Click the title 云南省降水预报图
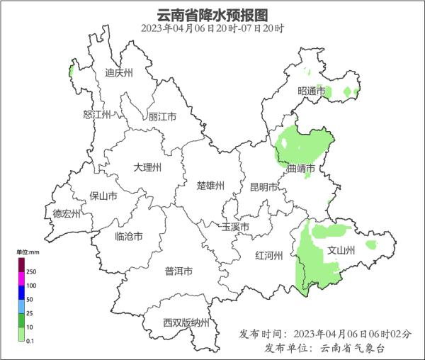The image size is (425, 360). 212,15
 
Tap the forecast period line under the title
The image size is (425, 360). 212,29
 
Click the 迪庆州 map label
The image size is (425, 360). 118,72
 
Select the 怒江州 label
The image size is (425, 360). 97,114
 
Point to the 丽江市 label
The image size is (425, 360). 162,117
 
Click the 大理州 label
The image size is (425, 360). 147,167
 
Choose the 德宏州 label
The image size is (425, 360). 67,213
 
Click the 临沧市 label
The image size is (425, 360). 128,236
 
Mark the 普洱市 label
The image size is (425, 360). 178,271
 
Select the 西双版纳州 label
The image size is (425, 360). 186,323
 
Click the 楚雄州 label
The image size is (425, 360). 210,186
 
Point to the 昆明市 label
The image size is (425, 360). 263,187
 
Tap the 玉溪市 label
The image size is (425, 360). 235,227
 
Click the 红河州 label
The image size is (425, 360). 269,256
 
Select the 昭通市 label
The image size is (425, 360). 311,91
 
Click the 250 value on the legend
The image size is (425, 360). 32,271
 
